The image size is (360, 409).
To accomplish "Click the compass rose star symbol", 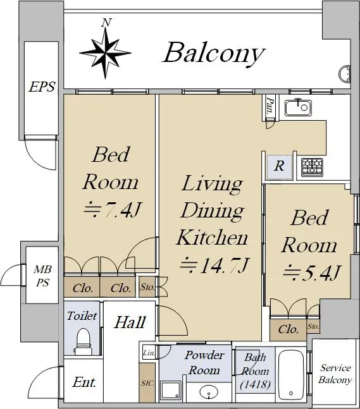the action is [x=105, y=53].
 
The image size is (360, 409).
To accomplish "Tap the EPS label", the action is [x=42, y=87].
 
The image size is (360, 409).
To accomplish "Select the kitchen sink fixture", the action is [x=298, y=107].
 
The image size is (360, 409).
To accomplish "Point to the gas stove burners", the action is [x=312, y=167].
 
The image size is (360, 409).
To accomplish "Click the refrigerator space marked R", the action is [x=280, y=166].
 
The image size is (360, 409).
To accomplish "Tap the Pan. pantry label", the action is [x=270, y=106].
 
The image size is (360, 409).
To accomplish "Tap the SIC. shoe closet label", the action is [x=147, y=384].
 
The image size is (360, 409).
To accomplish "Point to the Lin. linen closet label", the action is [x=149, y=353].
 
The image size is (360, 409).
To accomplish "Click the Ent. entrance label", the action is [x=84, y=382].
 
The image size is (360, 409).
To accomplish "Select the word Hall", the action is [x=130, y=322].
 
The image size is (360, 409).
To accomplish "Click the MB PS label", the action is [x=42, y=276].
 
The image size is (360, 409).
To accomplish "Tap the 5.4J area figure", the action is [x=311, y=272].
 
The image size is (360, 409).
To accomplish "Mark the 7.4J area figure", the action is [x=112, y=209].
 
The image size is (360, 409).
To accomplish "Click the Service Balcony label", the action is [x=335, y=374].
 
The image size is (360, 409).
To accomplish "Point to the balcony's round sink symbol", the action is [x=345, y=74].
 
